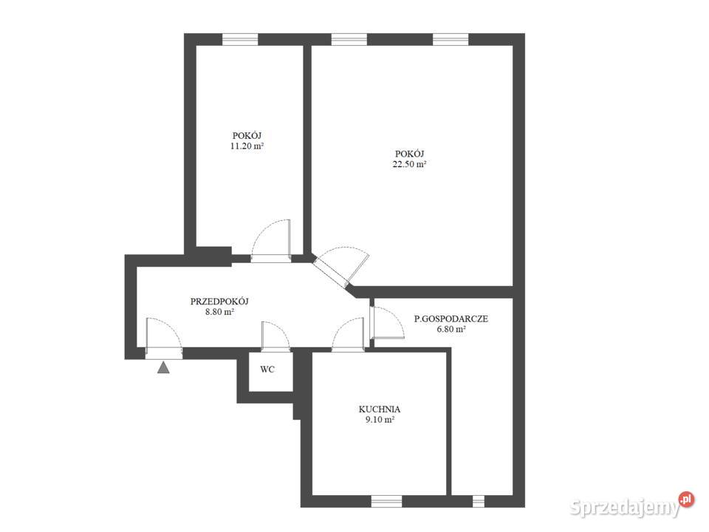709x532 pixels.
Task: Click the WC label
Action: point(267,369)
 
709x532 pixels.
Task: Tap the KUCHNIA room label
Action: point(380,409)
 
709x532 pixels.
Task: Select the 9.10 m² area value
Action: point(380,420)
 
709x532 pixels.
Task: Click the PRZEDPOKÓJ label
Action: point(219,301)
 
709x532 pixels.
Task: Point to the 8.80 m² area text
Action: point(220,312)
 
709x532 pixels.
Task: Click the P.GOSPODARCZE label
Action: point(451,318)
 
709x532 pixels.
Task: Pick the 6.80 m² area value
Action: point(451,329)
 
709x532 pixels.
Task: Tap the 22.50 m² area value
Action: point(410,164)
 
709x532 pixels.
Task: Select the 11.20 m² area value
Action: point(247,146)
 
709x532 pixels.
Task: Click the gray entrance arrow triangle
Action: point(163,367)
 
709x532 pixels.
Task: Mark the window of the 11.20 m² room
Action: point(240,39)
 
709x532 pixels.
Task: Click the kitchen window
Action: point(386,501)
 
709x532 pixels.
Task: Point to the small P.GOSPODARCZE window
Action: point(479,501)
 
